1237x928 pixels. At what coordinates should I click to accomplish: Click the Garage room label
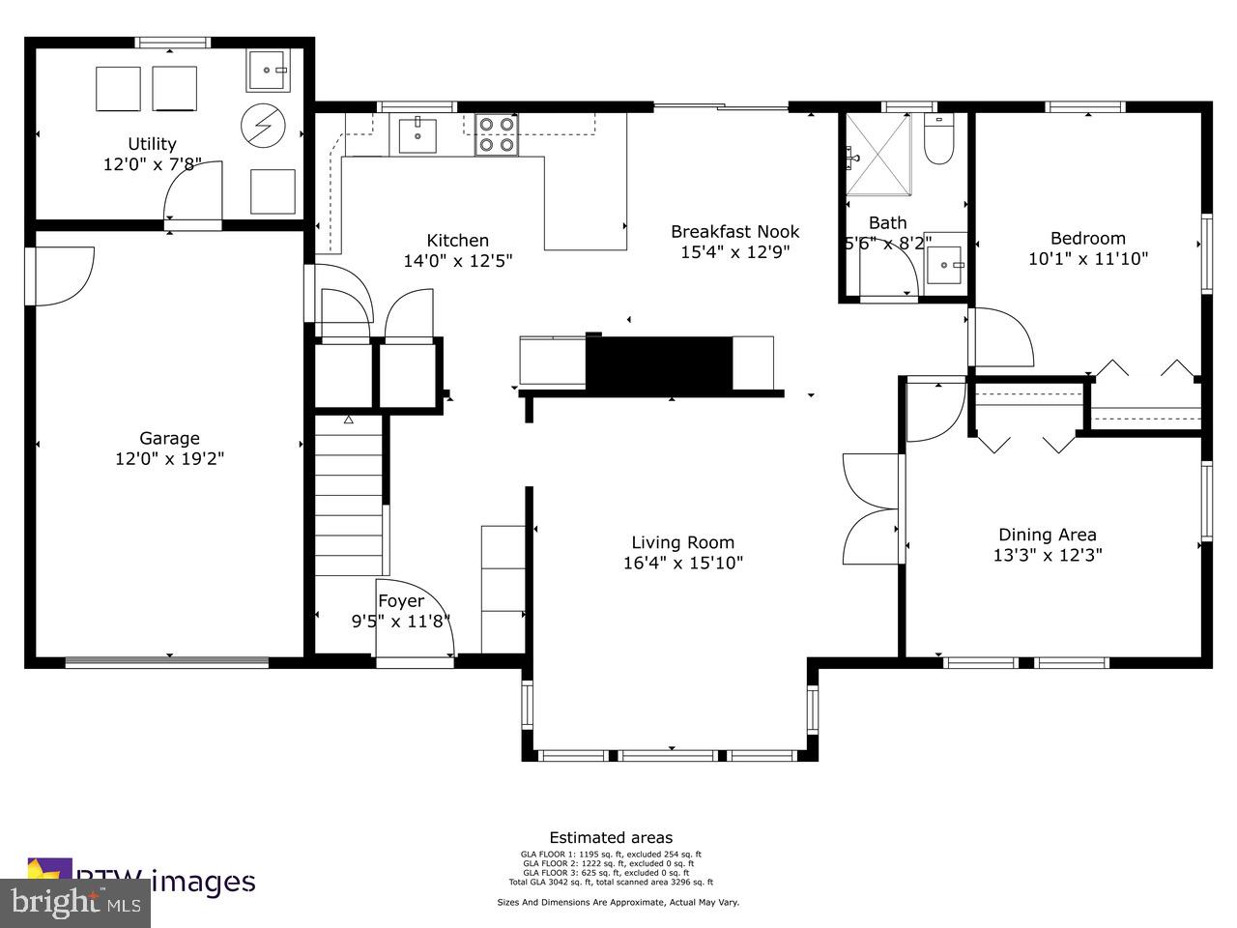click(x=169, y=438)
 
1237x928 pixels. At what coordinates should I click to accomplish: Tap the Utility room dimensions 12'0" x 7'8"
click(x=152, y=164)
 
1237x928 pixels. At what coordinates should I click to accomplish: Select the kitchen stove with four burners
click(x=496, y=134)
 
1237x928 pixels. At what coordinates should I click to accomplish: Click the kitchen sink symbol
click(x=417, y=134)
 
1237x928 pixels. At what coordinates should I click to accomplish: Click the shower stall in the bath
click(x=879, y=154)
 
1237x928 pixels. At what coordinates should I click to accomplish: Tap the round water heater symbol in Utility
click(x=263, y=124)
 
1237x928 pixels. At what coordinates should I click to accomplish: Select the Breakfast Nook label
click(x=734, y=231)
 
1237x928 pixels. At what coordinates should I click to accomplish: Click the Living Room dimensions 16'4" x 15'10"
click(x=682, y=563)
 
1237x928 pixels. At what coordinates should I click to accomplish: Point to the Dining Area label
click(x=1047, y=535)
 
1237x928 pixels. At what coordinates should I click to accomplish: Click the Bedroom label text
click(x=1087, y=239)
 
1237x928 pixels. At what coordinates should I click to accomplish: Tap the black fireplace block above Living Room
click(x=658, y=362)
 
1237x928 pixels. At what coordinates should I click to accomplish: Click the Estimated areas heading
click(x=611, y=838)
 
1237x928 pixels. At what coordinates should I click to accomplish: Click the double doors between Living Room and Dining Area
click(x=872, y=508)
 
